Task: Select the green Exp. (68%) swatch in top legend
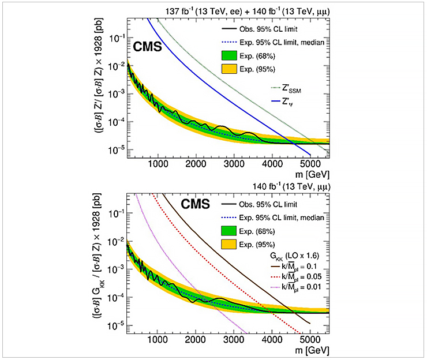coord(231,56)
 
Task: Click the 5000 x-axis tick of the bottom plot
coord(310,339)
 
